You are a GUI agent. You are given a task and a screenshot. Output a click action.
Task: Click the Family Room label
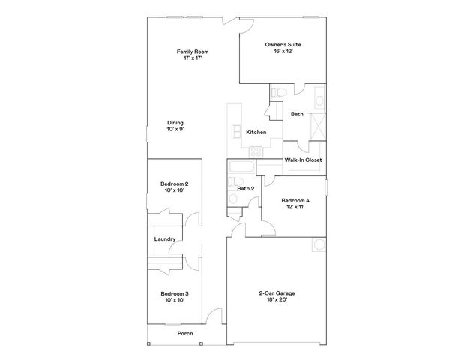click(193, 52)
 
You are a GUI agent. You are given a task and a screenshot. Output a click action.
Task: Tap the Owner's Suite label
click(283, 46)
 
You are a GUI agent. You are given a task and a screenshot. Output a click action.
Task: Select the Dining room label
click(175, 123)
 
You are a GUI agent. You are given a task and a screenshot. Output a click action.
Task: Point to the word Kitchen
click(256, 133)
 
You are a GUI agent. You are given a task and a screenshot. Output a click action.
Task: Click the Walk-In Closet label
click(303, 160)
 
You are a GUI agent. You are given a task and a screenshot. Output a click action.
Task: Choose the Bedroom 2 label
click(174, 184)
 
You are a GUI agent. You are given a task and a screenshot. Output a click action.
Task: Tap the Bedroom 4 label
click(295, 201)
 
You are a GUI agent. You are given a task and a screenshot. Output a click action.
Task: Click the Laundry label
click(165, 239)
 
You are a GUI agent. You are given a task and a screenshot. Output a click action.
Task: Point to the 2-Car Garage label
click(272, 293)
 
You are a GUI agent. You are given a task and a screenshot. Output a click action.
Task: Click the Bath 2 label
click(246, 188)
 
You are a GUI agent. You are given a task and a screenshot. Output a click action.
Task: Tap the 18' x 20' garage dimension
click(272, 300)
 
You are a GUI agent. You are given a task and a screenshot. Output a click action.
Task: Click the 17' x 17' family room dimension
click(193, 58)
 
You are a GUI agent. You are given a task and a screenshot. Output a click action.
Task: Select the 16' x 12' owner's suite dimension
click(283, 52)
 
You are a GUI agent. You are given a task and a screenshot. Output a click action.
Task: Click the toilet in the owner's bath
click(278, 92)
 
